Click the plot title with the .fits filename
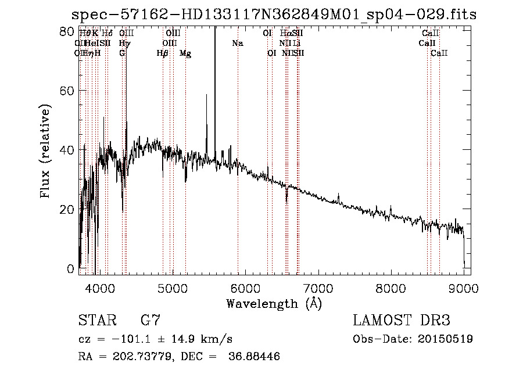click(273, 15)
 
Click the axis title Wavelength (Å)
click(274, 303)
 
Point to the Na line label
click(237, 44)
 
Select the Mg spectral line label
click(185, 53)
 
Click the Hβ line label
click(162, 53)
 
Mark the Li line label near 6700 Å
click(296, 44)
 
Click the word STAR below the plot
click(96, 320)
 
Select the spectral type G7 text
click(151, 320)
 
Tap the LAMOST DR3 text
click(402, 320)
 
